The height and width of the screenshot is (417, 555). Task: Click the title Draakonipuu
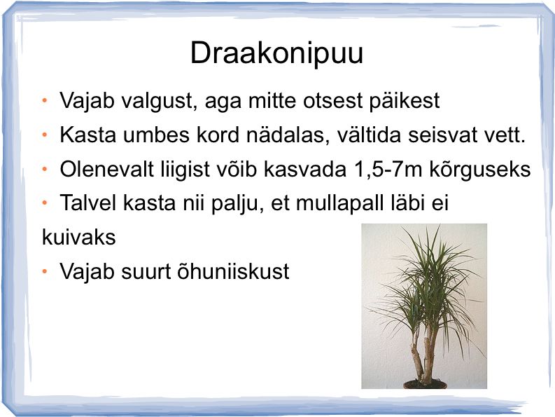276,53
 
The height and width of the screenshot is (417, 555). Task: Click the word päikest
405,101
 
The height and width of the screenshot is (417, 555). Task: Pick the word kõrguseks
480,170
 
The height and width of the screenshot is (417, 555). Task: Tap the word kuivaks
78,237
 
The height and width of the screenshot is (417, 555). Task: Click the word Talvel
88,203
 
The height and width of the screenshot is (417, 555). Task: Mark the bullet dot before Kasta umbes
45,135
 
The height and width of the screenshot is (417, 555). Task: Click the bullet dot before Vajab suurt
45,272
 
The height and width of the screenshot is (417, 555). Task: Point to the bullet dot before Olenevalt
45,170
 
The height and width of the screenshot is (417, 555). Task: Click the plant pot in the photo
425,384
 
